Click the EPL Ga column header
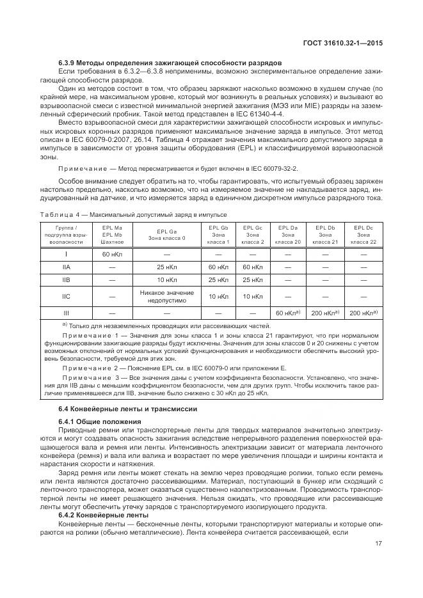coord(166,234)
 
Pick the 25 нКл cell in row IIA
coord(166,267)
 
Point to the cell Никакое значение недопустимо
coord(166,296)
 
